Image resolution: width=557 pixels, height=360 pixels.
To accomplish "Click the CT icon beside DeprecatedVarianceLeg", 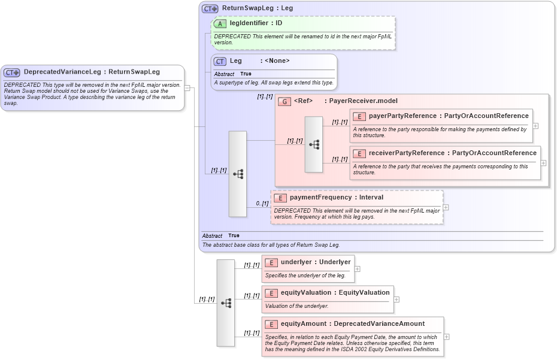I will coord(12,72).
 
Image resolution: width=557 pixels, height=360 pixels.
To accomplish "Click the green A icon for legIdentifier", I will coord(220,23).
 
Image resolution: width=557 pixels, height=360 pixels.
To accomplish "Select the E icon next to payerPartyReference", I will coord(359,116).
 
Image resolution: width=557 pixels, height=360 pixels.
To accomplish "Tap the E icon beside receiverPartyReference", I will coord(359,153).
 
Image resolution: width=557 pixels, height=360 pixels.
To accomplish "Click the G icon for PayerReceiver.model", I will coord(285,101).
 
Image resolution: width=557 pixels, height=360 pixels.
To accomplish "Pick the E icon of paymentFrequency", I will coord(280,198).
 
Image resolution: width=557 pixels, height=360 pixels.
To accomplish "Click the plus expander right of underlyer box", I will coord(358,269).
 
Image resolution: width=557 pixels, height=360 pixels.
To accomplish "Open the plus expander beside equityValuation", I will coord(396,300).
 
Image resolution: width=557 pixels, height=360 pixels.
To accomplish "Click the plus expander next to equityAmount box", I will coord(446,337).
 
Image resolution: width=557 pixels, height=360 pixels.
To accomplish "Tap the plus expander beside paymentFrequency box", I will coord(446,207).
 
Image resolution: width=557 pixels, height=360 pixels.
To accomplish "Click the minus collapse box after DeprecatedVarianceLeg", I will coord(187,88).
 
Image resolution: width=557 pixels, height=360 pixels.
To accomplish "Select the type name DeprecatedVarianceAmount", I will coord(379,324).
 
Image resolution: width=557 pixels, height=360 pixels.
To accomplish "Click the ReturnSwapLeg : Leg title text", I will coord(258,8).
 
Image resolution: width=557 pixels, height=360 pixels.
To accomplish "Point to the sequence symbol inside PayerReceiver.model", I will coord(314,144).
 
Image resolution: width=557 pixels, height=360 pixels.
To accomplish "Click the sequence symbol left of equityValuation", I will coord(226,303).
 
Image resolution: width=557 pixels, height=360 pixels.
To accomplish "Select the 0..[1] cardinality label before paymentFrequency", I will coord(262,204).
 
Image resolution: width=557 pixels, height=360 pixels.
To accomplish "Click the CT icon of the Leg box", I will coord(220,61).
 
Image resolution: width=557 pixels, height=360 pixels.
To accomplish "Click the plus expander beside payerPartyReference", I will coord(535,126).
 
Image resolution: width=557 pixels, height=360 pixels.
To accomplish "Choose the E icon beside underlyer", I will coord(271,262).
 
